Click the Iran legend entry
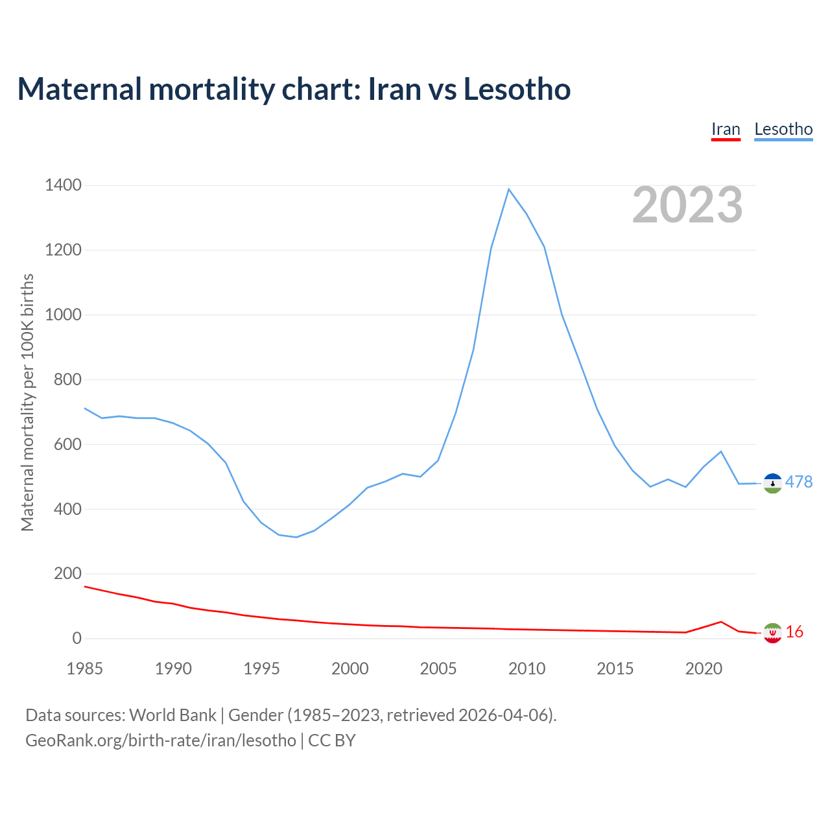point(726,130)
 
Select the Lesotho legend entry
point(783,130)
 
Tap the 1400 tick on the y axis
point(63,185)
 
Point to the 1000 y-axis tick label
point(63,315)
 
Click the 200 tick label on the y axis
point(67,574)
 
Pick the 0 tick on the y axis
point(77,639)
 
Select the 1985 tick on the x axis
point(85,669)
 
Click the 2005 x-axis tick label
point(438,669)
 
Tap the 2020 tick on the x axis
point(704,669)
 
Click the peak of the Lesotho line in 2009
point(509,189)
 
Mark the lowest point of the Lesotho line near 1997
point(296,537)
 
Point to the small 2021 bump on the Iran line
point(721,622)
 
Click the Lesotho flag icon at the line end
point(772,483)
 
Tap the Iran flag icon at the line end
point(772,633)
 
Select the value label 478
point(799,482)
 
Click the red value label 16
point(794,632)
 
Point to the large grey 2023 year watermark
point(687,205)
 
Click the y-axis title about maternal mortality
point(27,402)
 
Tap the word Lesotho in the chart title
point(517,89)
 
